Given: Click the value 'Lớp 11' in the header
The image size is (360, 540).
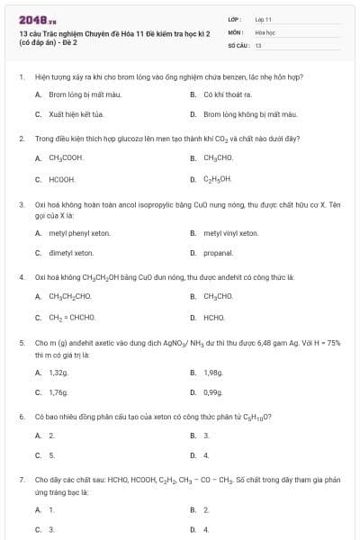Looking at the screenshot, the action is pyautogui.click(x=263, y=18).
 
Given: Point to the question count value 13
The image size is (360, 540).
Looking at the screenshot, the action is pyautogui.click(x=258, y=44).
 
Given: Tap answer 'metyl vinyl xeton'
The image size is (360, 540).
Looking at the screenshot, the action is pyautogui.click(x=230, y=233).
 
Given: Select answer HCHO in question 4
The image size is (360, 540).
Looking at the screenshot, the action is pyautogui.click(x=214, y=317).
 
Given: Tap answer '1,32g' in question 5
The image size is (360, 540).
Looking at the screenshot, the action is pyautogui.click(x=58, y=371).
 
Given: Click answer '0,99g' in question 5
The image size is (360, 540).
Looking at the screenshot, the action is pyautogui.click(x=213, y=392).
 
